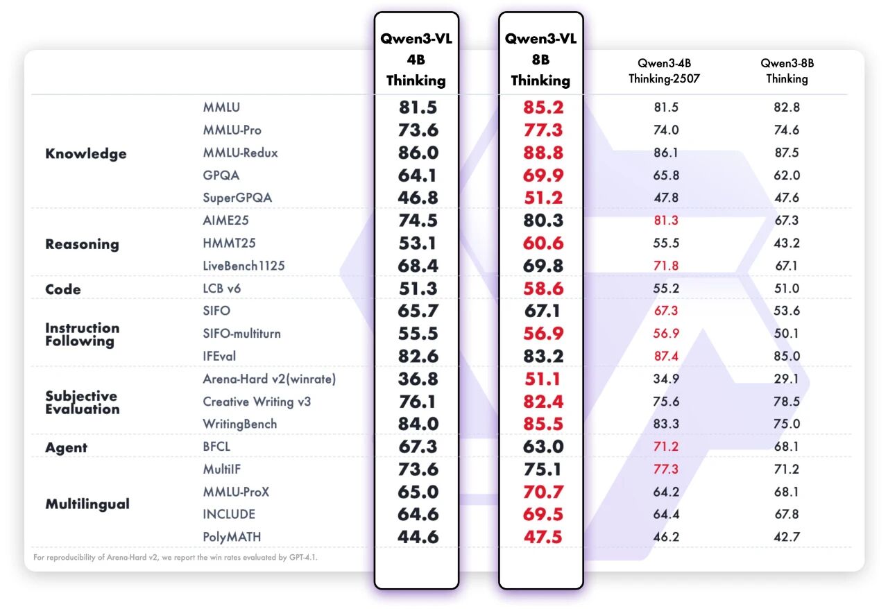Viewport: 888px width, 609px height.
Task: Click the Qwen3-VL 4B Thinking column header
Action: (416, 60)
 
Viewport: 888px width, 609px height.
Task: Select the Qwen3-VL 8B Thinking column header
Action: (540, 60)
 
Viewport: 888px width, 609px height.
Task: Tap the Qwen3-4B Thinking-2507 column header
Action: (664, 71)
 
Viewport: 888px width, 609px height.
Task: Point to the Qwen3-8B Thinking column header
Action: (787, 71)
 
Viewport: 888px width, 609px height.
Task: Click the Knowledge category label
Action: (86, 153)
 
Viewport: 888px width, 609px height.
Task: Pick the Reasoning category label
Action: (82, 244)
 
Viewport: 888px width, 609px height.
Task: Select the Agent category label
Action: (67, 447)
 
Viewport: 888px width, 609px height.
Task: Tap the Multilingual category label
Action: (87, 504)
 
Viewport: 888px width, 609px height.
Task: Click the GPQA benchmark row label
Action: (221, 175)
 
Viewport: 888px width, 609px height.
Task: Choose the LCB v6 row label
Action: (222, 289)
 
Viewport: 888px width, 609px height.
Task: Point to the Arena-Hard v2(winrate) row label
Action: (270, 379)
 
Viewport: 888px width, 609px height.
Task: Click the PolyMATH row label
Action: (232, 536)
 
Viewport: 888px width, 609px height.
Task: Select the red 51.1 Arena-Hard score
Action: (543, 379)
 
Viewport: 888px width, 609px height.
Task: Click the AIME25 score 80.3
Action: (543, 221)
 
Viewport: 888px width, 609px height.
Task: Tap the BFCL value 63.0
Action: (543, 447)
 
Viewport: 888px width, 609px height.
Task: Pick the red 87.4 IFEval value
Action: (666, 356)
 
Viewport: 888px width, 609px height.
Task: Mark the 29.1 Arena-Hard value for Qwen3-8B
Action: (787, 379)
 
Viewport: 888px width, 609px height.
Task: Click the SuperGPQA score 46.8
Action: (418, 198)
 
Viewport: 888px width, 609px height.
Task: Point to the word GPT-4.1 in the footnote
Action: (303, 557)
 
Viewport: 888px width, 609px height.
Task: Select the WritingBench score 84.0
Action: (418, 424)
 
